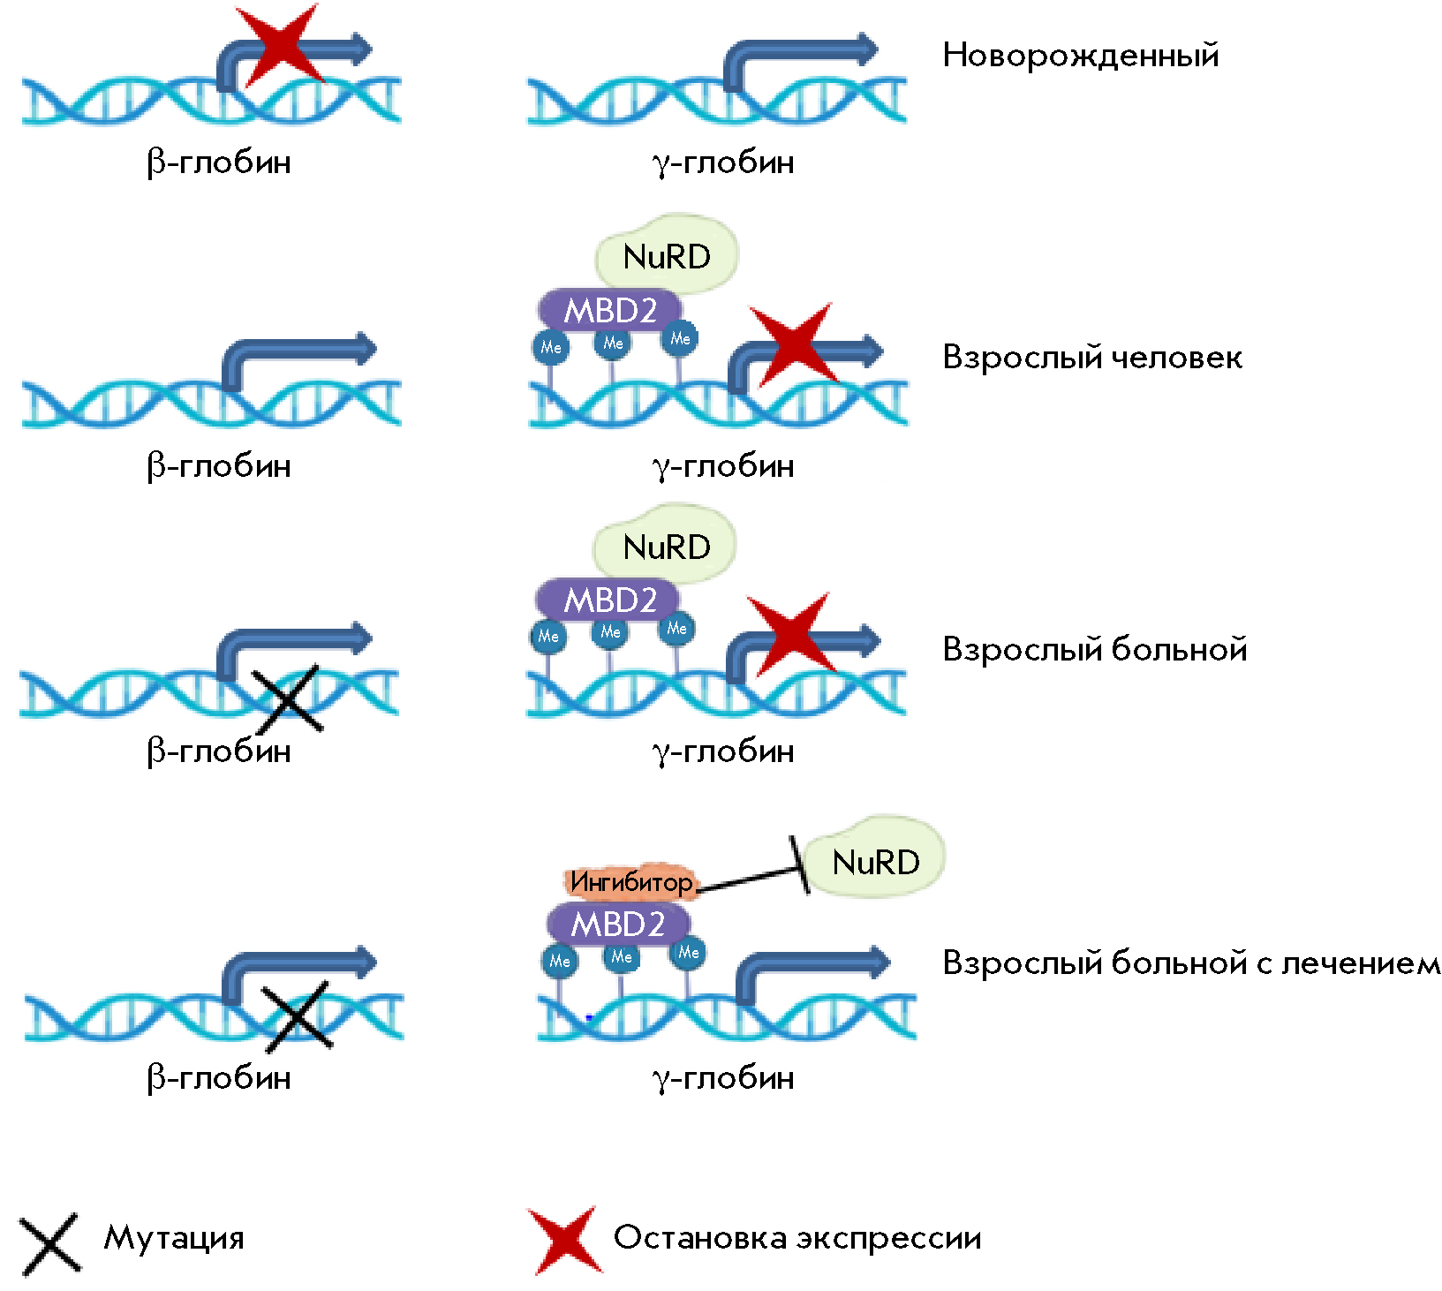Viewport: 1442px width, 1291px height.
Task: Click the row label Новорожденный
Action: pyautogui.click(x=1080, y=56)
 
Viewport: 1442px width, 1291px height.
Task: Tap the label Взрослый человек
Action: pyautogui.click(x=1091, y=358)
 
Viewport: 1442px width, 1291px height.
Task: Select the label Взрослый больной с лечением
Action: pyautogui.click(x=1190, y=963)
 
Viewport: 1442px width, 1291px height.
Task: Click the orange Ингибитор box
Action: pyautogui.click(x=630, y=881)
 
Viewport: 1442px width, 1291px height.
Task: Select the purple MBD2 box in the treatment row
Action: pyautogui.click(x=617, y=925)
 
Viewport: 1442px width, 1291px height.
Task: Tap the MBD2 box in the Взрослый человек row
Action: pyautogui.click(x=610, y=310)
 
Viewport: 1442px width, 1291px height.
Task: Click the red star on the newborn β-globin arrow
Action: pyautogui.click(x=280, y=44)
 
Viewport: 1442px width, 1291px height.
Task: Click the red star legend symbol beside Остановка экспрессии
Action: pyautogui.click(x=565, y=1240)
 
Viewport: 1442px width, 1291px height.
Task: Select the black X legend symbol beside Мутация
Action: pyautogui.click(x=49, y=1243)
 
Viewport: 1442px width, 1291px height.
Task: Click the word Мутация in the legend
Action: pyautogui.click(x=174, y=1238)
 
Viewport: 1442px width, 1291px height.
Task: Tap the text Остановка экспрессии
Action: pyautogui.click(x=797, y=1238)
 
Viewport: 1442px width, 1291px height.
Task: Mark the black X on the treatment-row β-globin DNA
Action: pyautogui.click(x=297, y=1015)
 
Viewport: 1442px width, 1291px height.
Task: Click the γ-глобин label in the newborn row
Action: pyautogui.click(x=723, y=162)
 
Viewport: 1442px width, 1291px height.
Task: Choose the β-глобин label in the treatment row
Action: pyautogui.click(x=218, y=1077)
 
